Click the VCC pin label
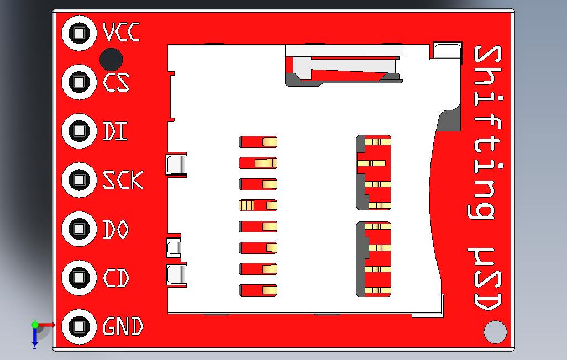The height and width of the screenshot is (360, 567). click(122, 33)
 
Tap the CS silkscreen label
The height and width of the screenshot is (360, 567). click(117, 83)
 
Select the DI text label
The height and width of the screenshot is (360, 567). click(115, 131)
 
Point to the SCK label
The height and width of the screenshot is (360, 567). click(123, 180)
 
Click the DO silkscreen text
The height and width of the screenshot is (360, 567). click(116, 229)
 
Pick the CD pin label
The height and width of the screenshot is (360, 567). click(116, 278)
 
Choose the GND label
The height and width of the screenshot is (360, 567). click(123, 327)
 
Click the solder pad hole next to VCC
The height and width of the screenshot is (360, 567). click(80, 33)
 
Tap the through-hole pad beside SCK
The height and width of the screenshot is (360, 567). click(80, 179)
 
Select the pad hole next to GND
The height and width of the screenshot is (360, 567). click(80, 326)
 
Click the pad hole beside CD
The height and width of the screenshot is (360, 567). click(80, 277)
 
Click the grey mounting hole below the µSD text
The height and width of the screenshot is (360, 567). click(495, 332)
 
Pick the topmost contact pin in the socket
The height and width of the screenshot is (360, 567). click(258, 142)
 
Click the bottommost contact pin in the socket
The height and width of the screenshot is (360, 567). click(258, 290)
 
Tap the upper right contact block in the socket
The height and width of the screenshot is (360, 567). click(374, 172)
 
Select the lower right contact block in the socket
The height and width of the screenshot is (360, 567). click(374, 259)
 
